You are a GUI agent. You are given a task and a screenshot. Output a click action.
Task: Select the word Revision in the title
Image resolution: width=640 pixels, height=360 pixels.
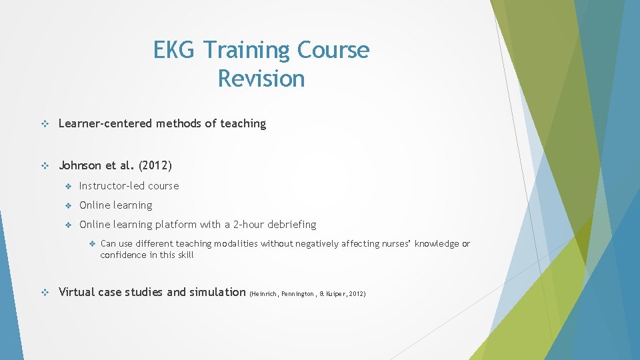[261, 79]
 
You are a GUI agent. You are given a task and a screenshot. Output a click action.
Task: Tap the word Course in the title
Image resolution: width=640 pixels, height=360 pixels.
[333, 50]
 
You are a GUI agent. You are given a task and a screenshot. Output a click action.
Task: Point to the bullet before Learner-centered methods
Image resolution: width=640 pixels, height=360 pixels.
[45, 123]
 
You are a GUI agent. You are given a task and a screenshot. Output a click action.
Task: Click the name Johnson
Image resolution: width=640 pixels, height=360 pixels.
[82, 165]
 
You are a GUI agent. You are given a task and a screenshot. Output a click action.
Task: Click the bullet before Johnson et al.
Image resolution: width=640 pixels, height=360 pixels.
[45, 165]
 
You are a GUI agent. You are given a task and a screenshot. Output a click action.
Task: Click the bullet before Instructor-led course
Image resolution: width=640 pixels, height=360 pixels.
[68, 186]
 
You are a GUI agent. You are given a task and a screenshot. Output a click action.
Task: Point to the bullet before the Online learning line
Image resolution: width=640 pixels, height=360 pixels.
[68, 205]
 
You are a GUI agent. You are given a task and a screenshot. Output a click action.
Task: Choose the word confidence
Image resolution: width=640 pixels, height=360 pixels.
[123, 255]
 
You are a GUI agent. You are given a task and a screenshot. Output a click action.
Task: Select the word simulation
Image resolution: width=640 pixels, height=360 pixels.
[217, 292]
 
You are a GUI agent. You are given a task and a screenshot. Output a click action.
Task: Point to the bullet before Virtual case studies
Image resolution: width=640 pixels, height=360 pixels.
[45, 292]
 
